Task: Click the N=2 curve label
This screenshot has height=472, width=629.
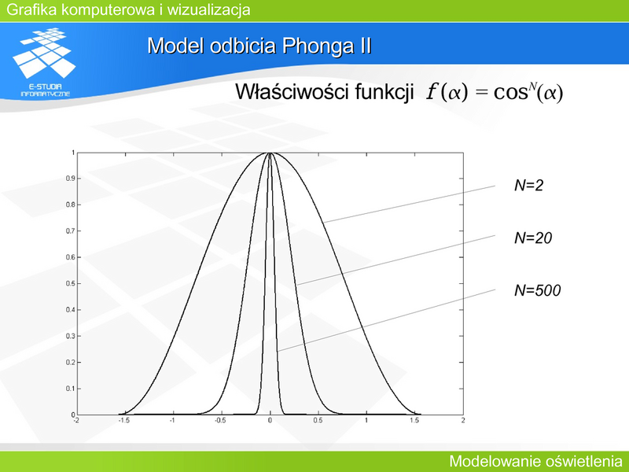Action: click(528, 185)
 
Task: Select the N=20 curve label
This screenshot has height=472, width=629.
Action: click(533, 238)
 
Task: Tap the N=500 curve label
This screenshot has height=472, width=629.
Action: click(538, 290)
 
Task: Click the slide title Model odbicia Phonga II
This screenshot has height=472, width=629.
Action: click(259, 46)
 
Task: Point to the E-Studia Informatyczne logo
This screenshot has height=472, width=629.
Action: click(45, 62)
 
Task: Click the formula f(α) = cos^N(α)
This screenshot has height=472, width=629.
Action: click(495, 92)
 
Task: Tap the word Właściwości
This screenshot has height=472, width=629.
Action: click(292, 92)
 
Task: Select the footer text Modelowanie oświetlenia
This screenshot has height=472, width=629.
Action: click(535, 461)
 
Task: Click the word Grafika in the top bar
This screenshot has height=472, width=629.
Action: click(31, 9)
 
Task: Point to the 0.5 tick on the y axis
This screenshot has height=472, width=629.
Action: click(71, 283)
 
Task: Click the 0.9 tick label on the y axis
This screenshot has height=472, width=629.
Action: click(71, 179)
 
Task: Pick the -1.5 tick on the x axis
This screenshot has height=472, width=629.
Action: click(124, 420)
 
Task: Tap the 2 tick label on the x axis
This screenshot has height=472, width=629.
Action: click(463, 420)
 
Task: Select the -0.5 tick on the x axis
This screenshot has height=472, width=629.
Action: click(220, 420)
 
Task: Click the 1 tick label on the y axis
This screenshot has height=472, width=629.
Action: click(73, 153)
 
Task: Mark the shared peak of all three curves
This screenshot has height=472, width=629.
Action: click(270, 153)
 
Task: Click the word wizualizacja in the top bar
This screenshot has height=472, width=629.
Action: click(208, 9)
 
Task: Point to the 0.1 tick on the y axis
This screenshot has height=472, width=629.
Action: click(71, 389)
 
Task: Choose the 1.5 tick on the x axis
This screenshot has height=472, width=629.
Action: click(414, 420)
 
